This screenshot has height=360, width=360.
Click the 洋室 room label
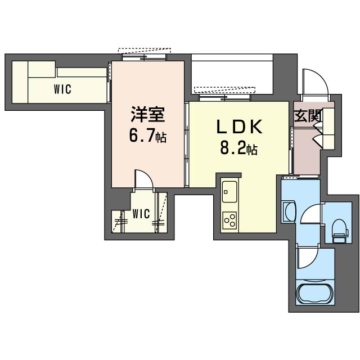tap(147, 115)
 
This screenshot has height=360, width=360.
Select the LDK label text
tap(240, 128)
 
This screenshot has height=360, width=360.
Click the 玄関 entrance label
tap(307, 116)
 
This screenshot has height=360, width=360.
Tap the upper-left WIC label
tap(62, 89)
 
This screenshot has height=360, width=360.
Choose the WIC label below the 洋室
tap(141, 214)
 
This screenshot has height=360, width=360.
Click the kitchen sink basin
tap(229, 194)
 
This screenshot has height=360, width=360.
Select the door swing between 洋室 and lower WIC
tap(144, 181)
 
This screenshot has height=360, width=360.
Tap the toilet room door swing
tap(310, 214)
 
